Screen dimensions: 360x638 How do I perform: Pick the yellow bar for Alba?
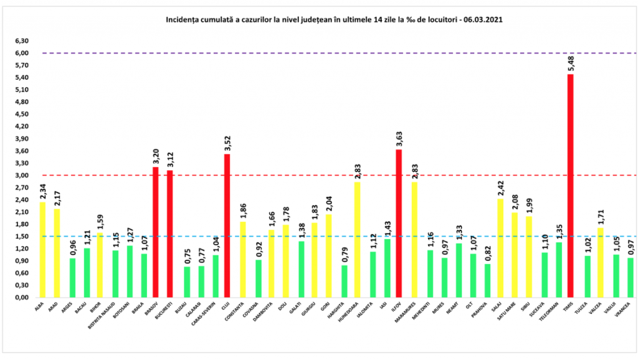click(x=42, y=249)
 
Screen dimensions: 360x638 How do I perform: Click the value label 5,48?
click(x=569, y=64)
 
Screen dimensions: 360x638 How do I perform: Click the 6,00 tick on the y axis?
click(x=22, y=53)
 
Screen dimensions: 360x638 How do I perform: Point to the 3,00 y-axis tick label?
click(x=22, y=175)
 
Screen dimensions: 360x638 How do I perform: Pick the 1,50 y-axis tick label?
click(x=22, y=236)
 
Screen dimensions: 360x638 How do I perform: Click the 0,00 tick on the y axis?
click(x=22, y=297)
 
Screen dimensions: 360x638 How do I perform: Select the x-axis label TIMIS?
click(x=569, y=308)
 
